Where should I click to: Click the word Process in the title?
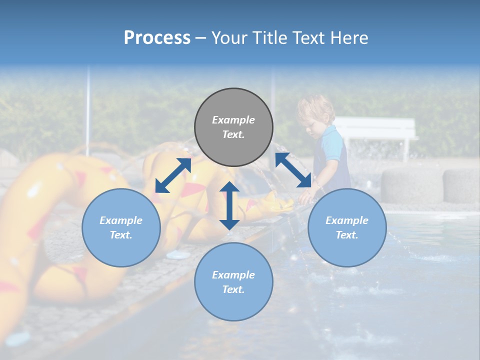[x=157, y=37]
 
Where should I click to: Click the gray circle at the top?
[x=233, y=127]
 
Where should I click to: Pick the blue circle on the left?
[x=121, y=227]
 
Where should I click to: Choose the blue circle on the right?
[x=347, y=227]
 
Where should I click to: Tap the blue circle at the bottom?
[x=233, y=282]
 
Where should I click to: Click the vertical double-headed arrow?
[x=229, y=205]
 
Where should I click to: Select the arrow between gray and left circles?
[x=173, y=175]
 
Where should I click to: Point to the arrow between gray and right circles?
[x=293, y=170]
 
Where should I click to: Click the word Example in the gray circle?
[x=233, y=120]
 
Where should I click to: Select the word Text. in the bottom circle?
[x=233, y=289]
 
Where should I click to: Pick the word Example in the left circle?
[x=121, y=220]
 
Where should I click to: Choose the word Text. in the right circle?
[x=347, y=235]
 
